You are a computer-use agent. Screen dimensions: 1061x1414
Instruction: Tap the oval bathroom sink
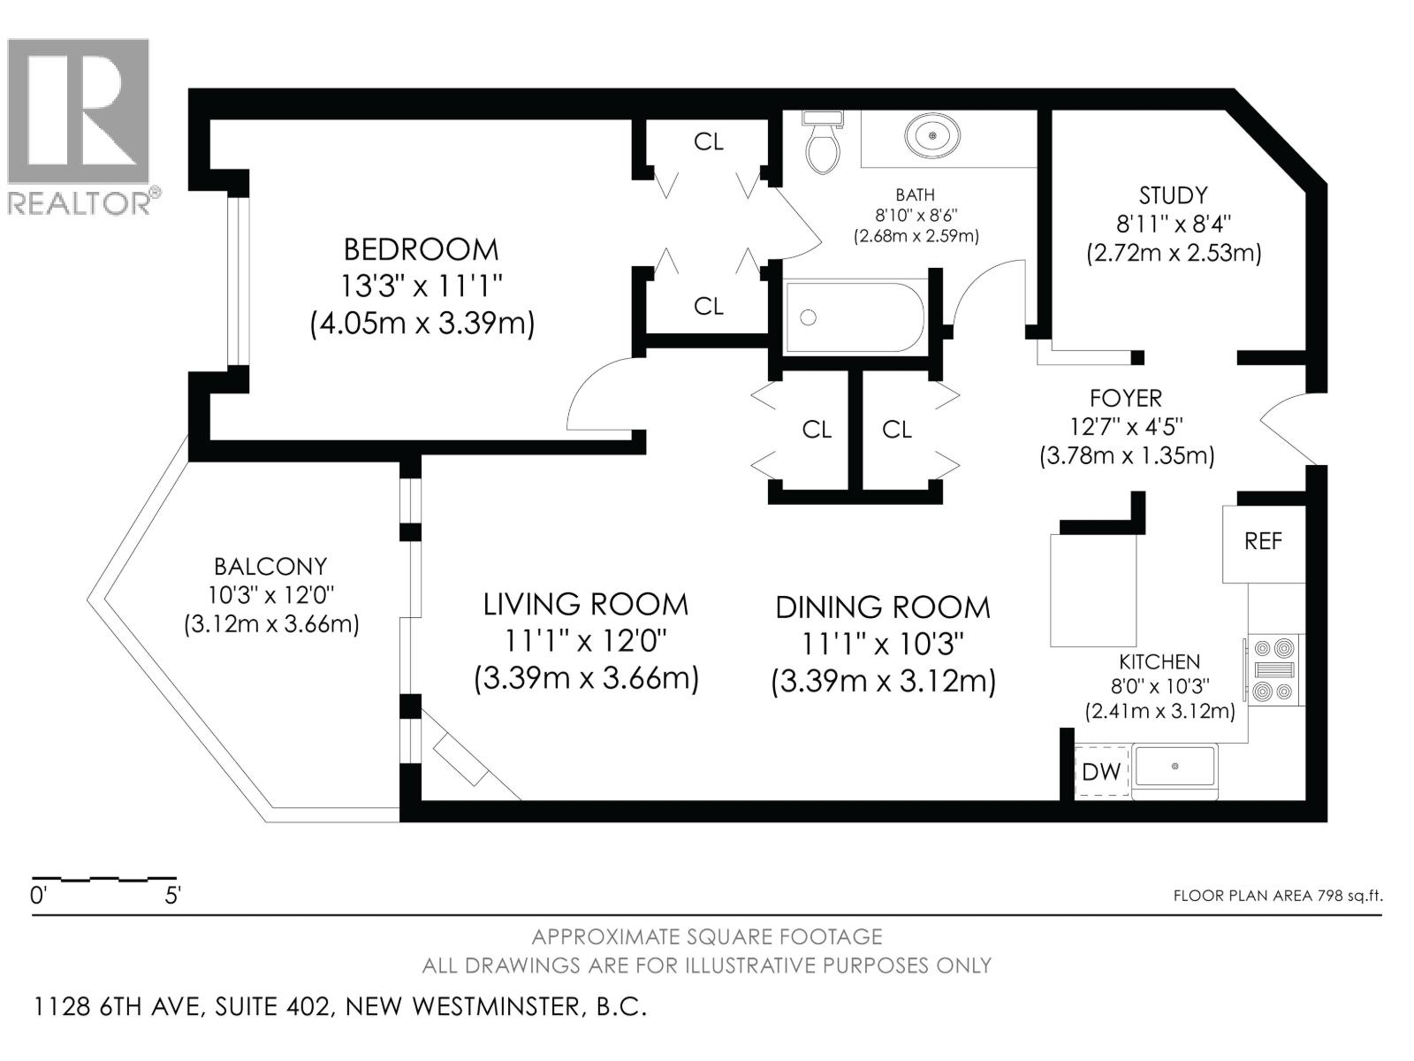pos(931,136)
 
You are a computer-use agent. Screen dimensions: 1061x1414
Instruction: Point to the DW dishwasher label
pos(1101,772)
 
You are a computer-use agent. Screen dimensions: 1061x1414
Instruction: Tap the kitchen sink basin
pos(1175,766)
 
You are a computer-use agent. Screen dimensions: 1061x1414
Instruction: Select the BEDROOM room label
pos(421,249)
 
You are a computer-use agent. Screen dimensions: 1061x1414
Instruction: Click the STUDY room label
pos(1173,195)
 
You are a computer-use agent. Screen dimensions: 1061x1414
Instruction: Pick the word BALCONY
pos(270,566)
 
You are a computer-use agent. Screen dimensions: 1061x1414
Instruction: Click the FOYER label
pos(1125,399)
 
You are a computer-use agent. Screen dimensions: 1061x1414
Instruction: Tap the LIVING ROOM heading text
pos(585,605)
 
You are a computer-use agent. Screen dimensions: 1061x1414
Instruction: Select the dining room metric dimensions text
pos(883,682)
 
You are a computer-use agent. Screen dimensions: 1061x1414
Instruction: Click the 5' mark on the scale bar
pos(171,896)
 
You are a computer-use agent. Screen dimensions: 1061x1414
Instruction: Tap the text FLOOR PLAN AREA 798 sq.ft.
pos(1277,896)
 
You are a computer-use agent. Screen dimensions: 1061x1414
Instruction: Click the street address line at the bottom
pos(341,1007)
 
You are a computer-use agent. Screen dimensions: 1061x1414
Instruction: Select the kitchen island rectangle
pos(1093,591)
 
